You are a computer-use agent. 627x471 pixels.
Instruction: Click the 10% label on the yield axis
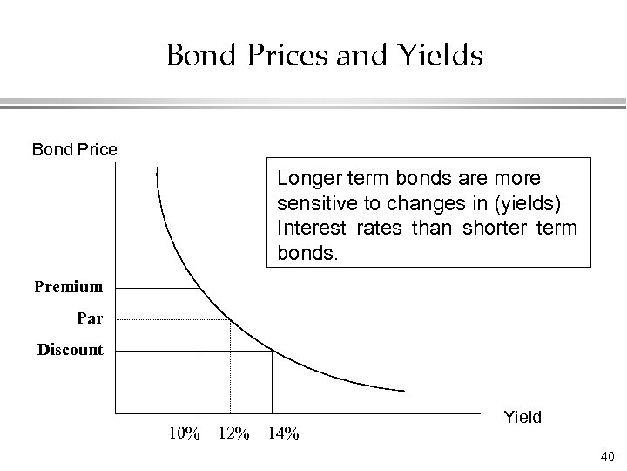click(x=184, y=432)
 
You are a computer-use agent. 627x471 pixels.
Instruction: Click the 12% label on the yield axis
click(x=233, y=432)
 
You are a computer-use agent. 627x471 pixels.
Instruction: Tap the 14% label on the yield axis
click(x=283, y=432)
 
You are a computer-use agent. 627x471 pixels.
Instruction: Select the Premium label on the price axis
click(x=70, y=286)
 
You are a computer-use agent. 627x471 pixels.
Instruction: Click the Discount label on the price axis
click(x=70, y=350)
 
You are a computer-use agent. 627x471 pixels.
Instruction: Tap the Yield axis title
click(x=522, y=417)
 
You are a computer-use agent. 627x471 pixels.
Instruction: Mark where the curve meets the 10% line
click(x=199, y=289)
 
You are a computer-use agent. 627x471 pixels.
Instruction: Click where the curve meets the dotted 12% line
click(x=229, y=320)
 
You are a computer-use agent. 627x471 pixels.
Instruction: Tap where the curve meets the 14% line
click(x=273, y=351)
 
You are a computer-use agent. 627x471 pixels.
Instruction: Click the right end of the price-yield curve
click(x=404, y=390)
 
